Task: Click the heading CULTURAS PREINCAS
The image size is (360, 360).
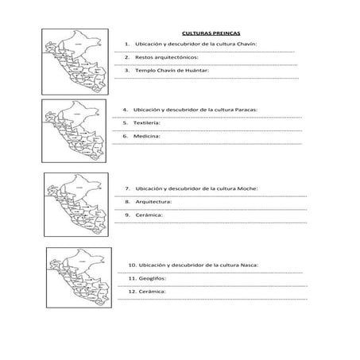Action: [205, 33]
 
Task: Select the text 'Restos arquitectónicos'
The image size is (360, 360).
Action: [167, 58]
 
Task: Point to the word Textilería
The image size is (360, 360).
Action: [145, 122]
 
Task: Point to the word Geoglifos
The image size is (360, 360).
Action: [156, 278]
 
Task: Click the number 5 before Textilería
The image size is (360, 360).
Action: [126, 122]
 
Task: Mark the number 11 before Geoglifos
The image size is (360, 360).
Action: [131, 278]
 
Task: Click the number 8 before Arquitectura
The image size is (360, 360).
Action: [127, 202]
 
